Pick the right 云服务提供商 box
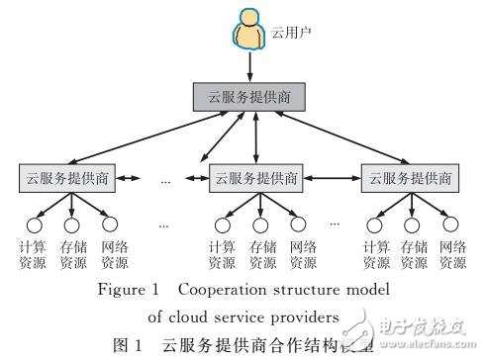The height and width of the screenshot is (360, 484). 408,179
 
